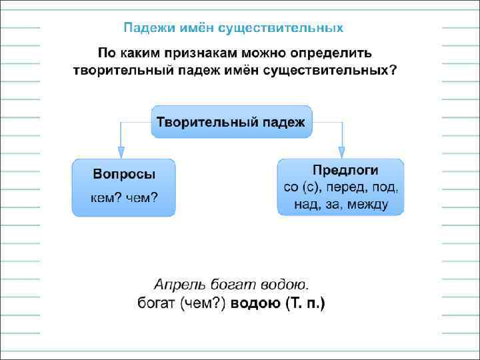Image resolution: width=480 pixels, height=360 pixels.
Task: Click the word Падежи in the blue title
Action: (x=145, y=28)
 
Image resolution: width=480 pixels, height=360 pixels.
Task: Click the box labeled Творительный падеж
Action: (x=231, y=122)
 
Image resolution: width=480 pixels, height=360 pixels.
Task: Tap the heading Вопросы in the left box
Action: (x=124, y=175)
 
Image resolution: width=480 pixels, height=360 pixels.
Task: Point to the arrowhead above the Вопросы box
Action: (x=121, y=151)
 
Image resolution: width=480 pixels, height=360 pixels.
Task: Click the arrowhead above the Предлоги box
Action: (x=341, y=151)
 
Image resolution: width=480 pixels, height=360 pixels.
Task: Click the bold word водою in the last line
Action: (x=256, y=304)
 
